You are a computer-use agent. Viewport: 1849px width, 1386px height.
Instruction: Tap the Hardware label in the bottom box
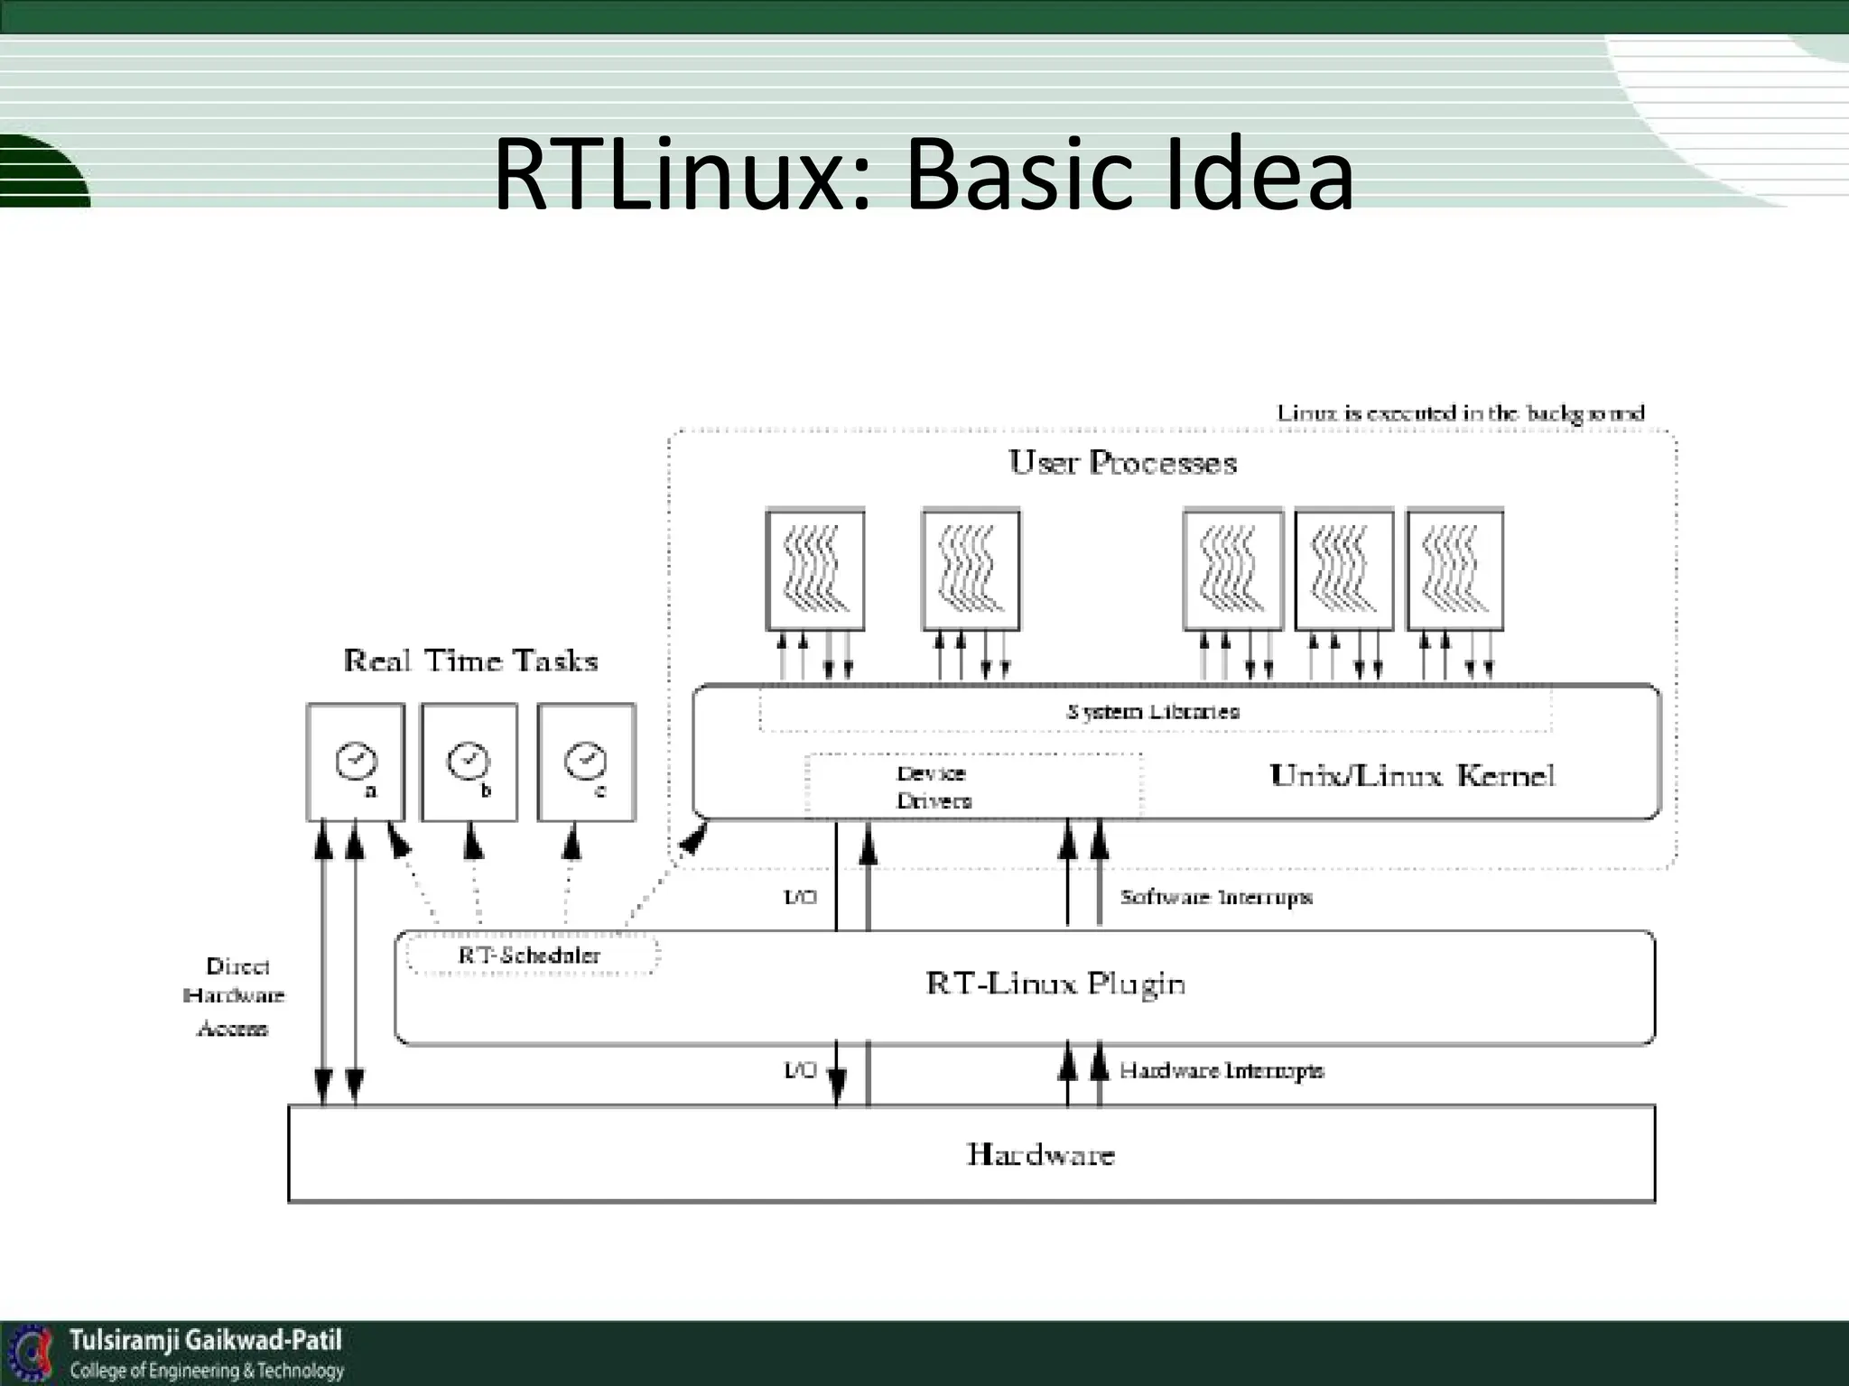point(1040,1154)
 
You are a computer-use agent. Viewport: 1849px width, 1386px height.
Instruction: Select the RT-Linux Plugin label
point(1055,983)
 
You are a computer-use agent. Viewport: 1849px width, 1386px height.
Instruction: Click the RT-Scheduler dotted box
point(530,955)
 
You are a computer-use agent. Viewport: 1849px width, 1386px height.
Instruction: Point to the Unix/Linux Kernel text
point(1411,776)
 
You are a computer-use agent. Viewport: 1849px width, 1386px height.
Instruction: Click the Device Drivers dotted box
point(971,786)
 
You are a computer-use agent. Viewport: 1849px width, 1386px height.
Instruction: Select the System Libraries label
point(1153,711)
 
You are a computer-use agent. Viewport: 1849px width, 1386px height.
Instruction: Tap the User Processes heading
point(1122,463)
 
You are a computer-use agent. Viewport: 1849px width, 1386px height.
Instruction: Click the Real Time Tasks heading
point(470,661)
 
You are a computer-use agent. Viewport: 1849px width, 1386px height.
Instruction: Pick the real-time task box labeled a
point(356,762)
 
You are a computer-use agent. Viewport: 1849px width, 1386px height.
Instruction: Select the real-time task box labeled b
point(469,762)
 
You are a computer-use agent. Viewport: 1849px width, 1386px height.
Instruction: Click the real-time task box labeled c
point(586,762)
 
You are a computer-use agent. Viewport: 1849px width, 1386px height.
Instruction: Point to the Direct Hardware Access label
point(234,996)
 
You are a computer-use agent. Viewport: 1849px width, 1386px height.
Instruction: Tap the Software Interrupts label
point(1215,897)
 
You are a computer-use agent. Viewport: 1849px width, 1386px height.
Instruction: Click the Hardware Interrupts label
point(1221,1070)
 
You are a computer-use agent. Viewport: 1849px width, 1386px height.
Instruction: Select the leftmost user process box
point(814,569)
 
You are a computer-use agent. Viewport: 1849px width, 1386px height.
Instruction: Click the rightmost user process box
point(1454,569)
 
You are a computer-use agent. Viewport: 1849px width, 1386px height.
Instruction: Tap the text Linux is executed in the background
point(1460,413)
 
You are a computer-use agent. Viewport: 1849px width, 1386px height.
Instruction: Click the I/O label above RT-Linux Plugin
point(799,897)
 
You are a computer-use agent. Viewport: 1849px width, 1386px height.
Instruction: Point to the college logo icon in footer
point(32,1353)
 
